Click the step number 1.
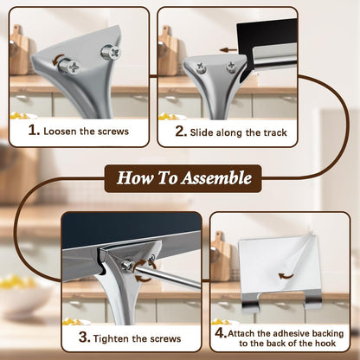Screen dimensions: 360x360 pos(34,131)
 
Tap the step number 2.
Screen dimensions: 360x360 pos(181,132)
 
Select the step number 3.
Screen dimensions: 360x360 pos(85,337)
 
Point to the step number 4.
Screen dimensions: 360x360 pos(221,332)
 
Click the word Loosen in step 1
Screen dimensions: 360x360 pos(61,132)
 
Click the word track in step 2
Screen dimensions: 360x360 pos(275,132)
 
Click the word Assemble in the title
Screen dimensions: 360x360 pos(217,177)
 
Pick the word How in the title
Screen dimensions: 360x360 pos(135,177)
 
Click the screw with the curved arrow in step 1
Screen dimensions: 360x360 pos(69,66)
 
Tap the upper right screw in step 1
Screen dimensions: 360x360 pos(111,52)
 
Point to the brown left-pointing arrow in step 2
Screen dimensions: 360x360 pos(228,50)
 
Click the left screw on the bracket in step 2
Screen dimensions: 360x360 pos(201,68)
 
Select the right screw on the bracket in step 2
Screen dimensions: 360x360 pos(231,67)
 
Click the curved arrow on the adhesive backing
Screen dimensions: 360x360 pos(286,276)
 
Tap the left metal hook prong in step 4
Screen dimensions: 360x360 pos(251,301)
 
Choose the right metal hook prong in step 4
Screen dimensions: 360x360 pos(313,299)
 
